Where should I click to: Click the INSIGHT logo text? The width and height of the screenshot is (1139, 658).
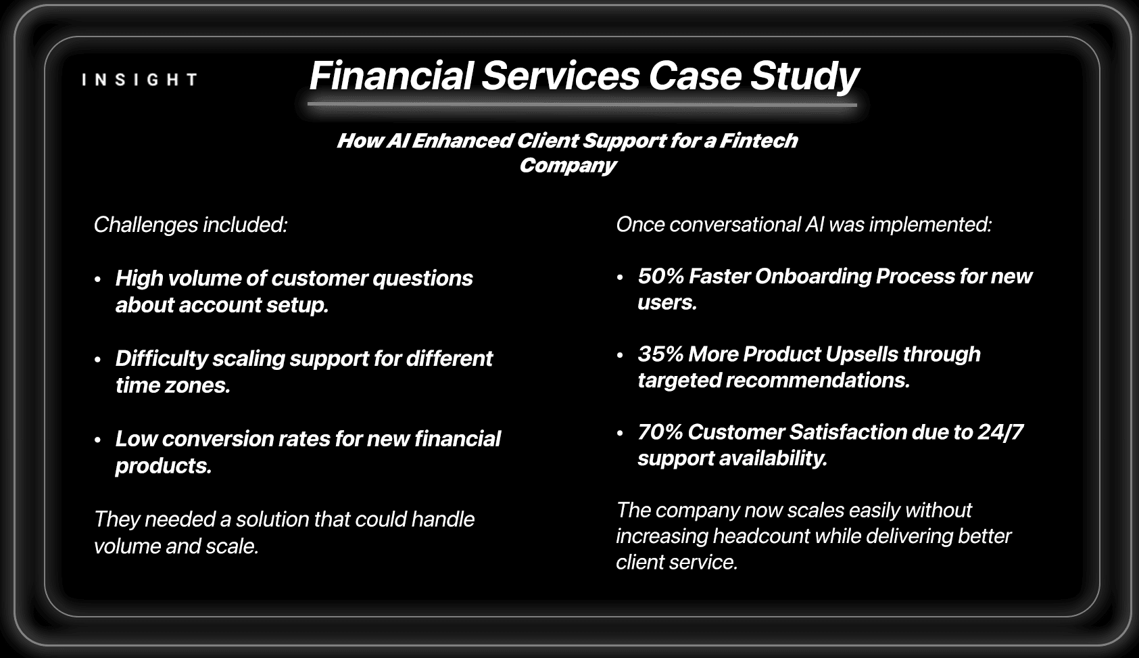point(140,80)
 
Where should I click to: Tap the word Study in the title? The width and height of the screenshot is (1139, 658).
point(804,76)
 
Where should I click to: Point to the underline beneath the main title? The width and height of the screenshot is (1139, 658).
point(582,105)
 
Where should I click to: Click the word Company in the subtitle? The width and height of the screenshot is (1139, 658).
point(567,166)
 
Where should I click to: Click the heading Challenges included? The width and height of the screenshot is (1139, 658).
point(191,225)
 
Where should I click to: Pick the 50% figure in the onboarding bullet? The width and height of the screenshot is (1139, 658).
point(660,277)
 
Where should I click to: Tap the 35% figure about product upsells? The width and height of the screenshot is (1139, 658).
point(660,354)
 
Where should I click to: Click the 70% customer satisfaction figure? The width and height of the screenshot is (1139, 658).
point(660,432)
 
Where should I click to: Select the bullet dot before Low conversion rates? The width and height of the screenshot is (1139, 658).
point(97,440)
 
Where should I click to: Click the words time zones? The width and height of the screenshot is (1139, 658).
point(173,385)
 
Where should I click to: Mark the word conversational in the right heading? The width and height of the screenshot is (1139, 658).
point(735,225)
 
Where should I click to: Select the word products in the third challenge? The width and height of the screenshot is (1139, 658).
point(163,466)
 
